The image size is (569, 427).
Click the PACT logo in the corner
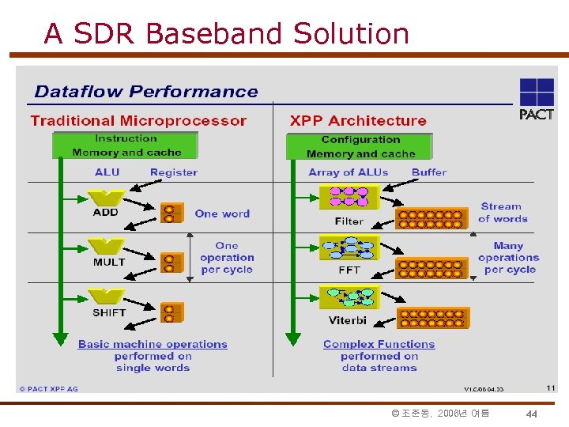pyautogui.click(x=536, y=99)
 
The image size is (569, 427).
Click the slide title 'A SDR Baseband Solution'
pyautogui.click(x=226, y=34)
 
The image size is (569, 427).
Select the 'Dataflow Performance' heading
pyautogui.click(x=146, y=92)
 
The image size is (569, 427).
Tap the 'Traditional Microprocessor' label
pyautogui.click(x=138, y=121)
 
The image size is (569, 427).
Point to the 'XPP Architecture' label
pyautogui.click(x=358, y=121)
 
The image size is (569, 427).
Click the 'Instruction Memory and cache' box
pyautogui.click(x=126, y=145)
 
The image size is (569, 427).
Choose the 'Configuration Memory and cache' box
pyautogui.click(x=360, y=147)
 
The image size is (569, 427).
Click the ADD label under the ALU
pyautogui.click(x=105, y=212)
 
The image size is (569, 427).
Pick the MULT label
pyautogui.click(x=109, y=262)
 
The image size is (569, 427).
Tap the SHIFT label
pyautogui.click(x=109, y=312)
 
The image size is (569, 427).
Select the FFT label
pyautogui.click(x=349, y=270)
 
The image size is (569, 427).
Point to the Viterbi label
pyautogui.click(x=348, y=320)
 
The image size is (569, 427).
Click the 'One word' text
pyautogui.click(x=222, y=213)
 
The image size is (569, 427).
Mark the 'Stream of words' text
pyautogui.click(x=502, y=213)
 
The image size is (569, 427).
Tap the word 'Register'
pyautogui.click(x=174, y=172)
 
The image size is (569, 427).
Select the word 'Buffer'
pyautogui.click(x=429, y=172)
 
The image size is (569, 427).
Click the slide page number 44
pyautogui.click(x=532, y=414)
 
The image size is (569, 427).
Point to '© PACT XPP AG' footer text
pyautogui.click(x=49, y=389)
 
